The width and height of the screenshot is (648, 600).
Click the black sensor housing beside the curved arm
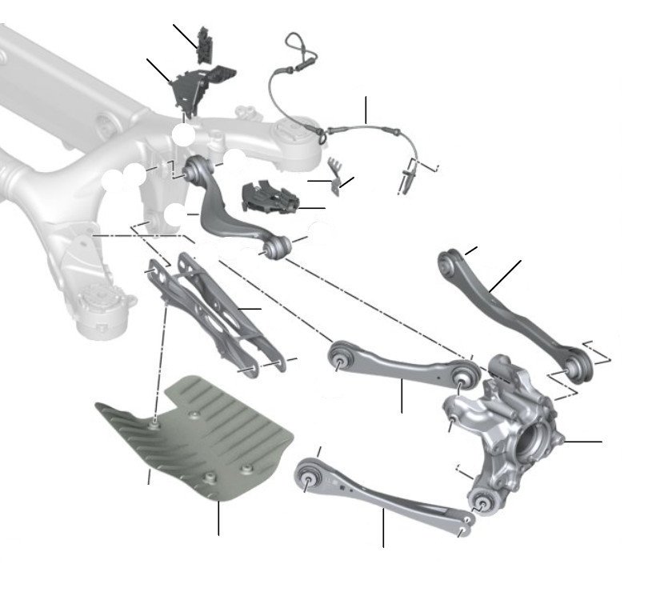(x=270, y=198)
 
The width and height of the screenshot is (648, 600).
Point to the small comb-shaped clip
(x=334, y=170)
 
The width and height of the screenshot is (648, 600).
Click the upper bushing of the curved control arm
(x=194, y=169)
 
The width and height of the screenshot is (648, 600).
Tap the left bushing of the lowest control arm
(x=310, y=477)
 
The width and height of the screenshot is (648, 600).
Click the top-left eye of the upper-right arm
(x=450, y=261)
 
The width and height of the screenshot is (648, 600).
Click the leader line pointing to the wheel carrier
(x=584, y=441)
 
